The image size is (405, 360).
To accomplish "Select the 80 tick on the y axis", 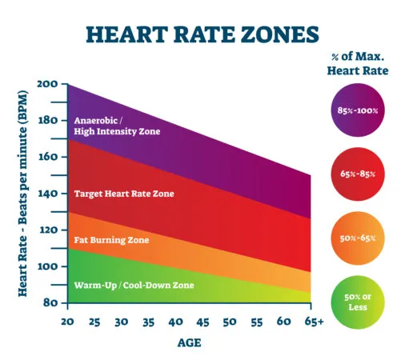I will (50, 302).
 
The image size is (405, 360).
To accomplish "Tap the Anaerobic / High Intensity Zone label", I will (118, 126).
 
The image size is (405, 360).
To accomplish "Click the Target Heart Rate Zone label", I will (123, 194).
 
